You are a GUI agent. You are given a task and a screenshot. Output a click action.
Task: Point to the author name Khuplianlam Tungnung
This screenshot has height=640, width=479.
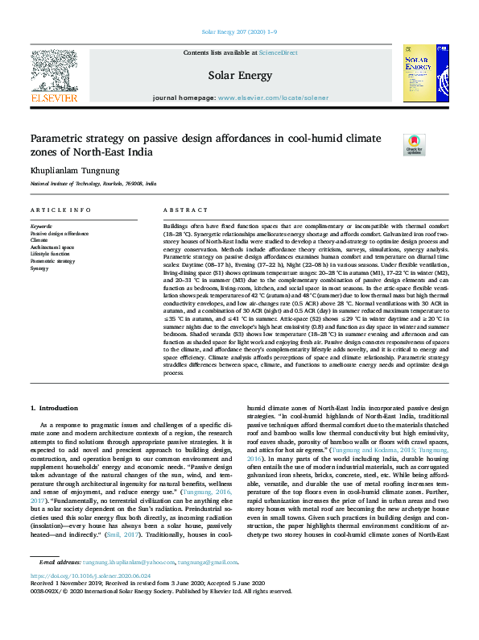[75, 171]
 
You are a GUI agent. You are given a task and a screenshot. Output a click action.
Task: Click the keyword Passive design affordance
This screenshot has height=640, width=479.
[60, 233]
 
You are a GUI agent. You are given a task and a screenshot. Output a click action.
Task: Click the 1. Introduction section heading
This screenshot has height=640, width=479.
[54, 409]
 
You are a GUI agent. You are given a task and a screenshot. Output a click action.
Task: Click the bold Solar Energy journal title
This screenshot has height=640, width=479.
[239, 76]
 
